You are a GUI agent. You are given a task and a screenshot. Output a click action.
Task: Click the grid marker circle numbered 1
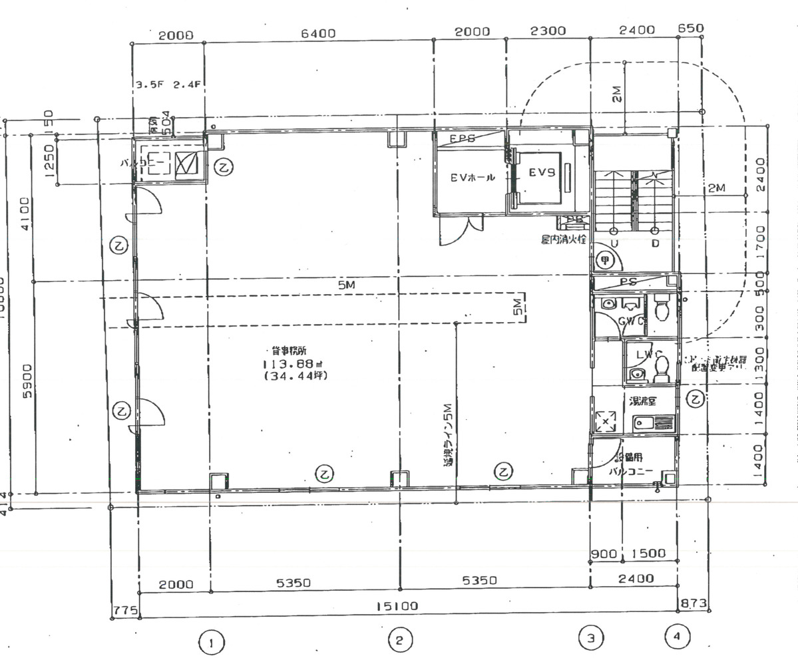pos(211,643)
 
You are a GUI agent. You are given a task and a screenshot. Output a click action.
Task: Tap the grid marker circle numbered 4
pos(677,637)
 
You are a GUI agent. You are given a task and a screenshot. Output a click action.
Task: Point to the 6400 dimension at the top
pos(318,33)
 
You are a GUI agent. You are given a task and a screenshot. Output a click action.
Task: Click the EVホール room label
pos(473,178)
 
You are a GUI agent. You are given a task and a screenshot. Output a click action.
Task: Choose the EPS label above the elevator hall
pos(462,139)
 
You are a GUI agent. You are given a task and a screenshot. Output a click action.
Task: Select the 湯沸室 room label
pos(644,401)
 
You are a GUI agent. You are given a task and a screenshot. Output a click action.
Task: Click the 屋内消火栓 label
pos(564,239)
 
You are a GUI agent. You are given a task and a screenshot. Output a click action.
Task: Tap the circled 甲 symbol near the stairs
pos(605,260)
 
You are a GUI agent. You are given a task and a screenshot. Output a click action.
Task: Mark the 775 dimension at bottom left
pos(125,609)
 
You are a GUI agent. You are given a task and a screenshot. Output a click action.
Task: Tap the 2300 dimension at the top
pos(547,31)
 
